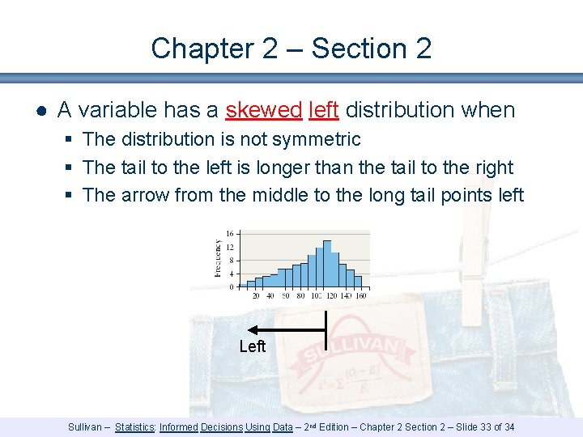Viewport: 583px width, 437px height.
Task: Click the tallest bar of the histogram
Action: pos(318,263)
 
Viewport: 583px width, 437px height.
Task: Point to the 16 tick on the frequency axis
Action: pos(230,235)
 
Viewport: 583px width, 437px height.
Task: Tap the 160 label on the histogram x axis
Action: pos(360,296)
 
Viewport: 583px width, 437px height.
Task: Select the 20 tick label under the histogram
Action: pos(257,296)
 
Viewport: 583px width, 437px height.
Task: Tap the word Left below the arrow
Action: pos(253,347)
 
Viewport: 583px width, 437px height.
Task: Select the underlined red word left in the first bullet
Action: pos(323,109)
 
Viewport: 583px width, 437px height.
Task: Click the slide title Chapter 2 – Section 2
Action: pos(291,49)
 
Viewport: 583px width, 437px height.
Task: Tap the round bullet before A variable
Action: pos(40,110)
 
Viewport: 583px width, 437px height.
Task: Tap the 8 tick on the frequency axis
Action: pos(232,261)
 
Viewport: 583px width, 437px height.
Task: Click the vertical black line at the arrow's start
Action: pos(325,329)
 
